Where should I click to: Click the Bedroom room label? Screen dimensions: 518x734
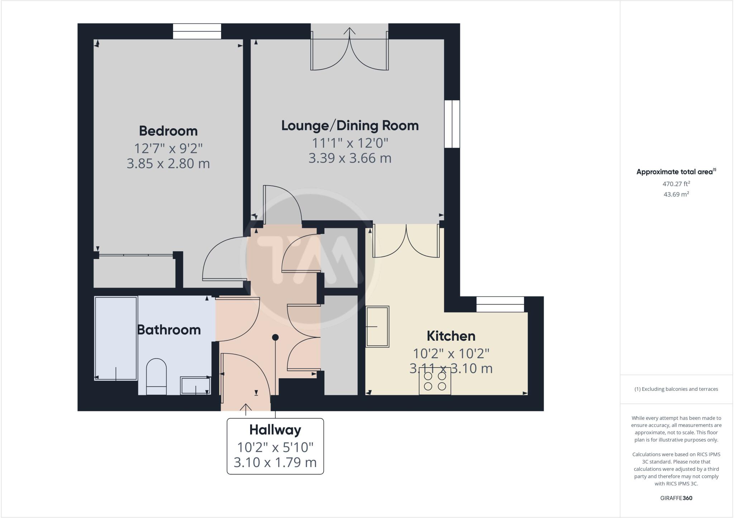[x=168, y=131]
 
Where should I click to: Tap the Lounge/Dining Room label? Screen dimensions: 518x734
[x=350, y=126]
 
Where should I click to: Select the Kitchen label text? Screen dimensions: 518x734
[x=451, y=336]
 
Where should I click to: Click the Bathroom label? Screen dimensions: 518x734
[x=169, y=330]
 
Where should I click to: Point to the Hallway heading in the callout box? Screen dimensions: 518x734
[x=275, y=430]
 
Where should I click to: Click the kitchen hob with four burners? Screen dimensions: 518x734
[x=435, y=381]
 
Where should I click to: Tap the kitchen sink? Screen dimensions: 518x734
[x=377, y=326]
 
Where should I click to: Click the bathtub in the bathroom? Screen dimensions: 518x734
[x=116, y=338]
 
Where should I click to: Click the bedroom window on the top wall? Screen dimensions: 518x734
[x=197, y=31]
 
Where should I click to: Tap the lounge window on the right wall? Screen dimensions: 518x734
[x=452, y=124]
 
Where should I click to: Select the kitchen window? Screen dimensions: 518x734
[x=500, y=304]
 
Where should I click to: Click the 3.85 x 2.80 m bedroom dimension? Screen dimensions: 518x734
[x=168, y=164]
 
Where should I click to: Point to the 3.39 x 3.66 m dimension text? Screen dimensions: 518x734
[x=350, y=158]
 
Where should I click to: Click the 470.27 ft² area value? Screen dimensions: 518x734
[x=676, y=184]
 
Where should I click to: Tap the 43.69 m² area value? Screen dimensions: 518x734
[x=676, y=195]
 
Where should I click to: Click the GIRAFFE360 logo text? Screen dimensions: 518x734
[x=676, y=498]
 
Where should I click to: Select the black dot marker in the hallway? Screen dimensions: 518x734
[x=275, y=337]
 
